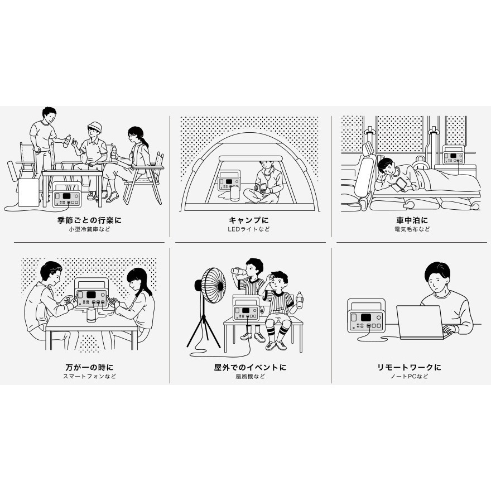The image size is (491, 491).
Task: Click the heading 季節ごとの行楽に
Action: pyautogui.click(x=89, y=220)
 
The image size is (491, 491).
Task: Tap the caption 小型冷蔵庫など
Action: pyautogui.click(x=90, y=229)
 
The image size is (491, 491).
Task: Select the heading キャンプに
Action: pyautogui.click(x=249, y=220)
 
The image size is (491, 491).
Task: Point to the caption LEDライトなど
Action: pyautogui.click(x=249, y=229)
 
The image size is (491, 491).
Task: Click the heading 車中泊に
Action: pyautogui.click(x=412, y=220)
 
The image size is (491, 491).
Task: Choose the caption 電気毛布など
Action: pyautogui.click(x=412, y=229)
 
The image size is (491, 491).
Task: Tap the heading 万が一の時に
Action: pyautogui.click(x=90, y=367)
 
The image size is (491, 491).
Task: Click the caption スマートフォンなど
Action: pyautogui.click(x=90, y=376)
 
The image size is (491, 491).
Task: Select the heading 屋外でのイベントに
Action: pyautogui.click(x=250, y=367)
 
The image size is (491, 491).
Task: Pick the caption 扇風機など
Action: pyautogui.click(x=250, y=376)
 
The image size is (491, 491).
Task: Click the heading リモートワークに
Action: pyautogui.click(x=409, y=367)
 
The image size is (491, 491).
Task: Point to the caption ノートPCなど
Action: pyautogui.click(x=409, y=376)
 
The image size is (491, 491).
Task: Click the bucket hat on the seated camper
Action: pyautogui.click(x=94, y=127)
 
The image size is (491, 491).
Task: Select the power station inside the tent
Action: pyautogui.click(x=229, y=182)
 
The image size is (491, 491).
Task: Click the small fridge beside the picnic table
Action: pyautogui.click(x=28, y=192)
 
